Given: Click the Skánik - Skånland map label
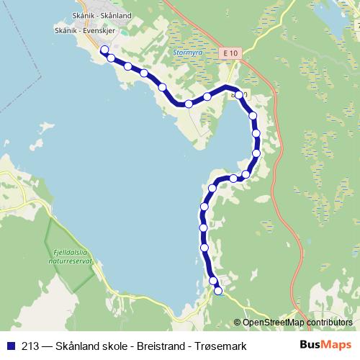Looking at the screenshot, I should click(x=102, y=14).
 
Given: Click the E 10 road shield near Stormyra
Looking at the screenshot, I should click(x=230, y=53).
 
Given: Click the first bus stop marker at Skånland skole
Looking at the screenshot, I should click(x=104, y=50).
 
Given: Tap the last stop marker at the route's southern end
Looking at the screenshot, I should click(x=218, y=291).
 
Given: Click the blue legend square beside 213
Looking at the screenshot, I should click(x=10, y=346).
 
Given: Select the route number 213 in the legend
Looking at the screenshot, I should click(x=30, y=346).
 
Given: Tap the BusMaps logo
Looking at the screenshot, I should click(x=325, y=345).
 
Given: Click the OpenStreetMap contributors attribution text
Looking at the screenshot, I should click(x=297, y=323).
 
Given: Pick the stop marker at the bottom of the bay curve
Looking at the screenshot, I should click(x=189, y=104).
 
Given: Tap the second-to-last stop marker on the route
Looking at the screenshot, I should click(x=212, y=281).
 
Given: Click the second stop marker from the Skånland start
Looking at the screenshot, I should click(x=112, y=58).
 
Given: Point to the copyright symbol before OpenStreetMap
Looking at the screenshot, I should click(x=238, y=323).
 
